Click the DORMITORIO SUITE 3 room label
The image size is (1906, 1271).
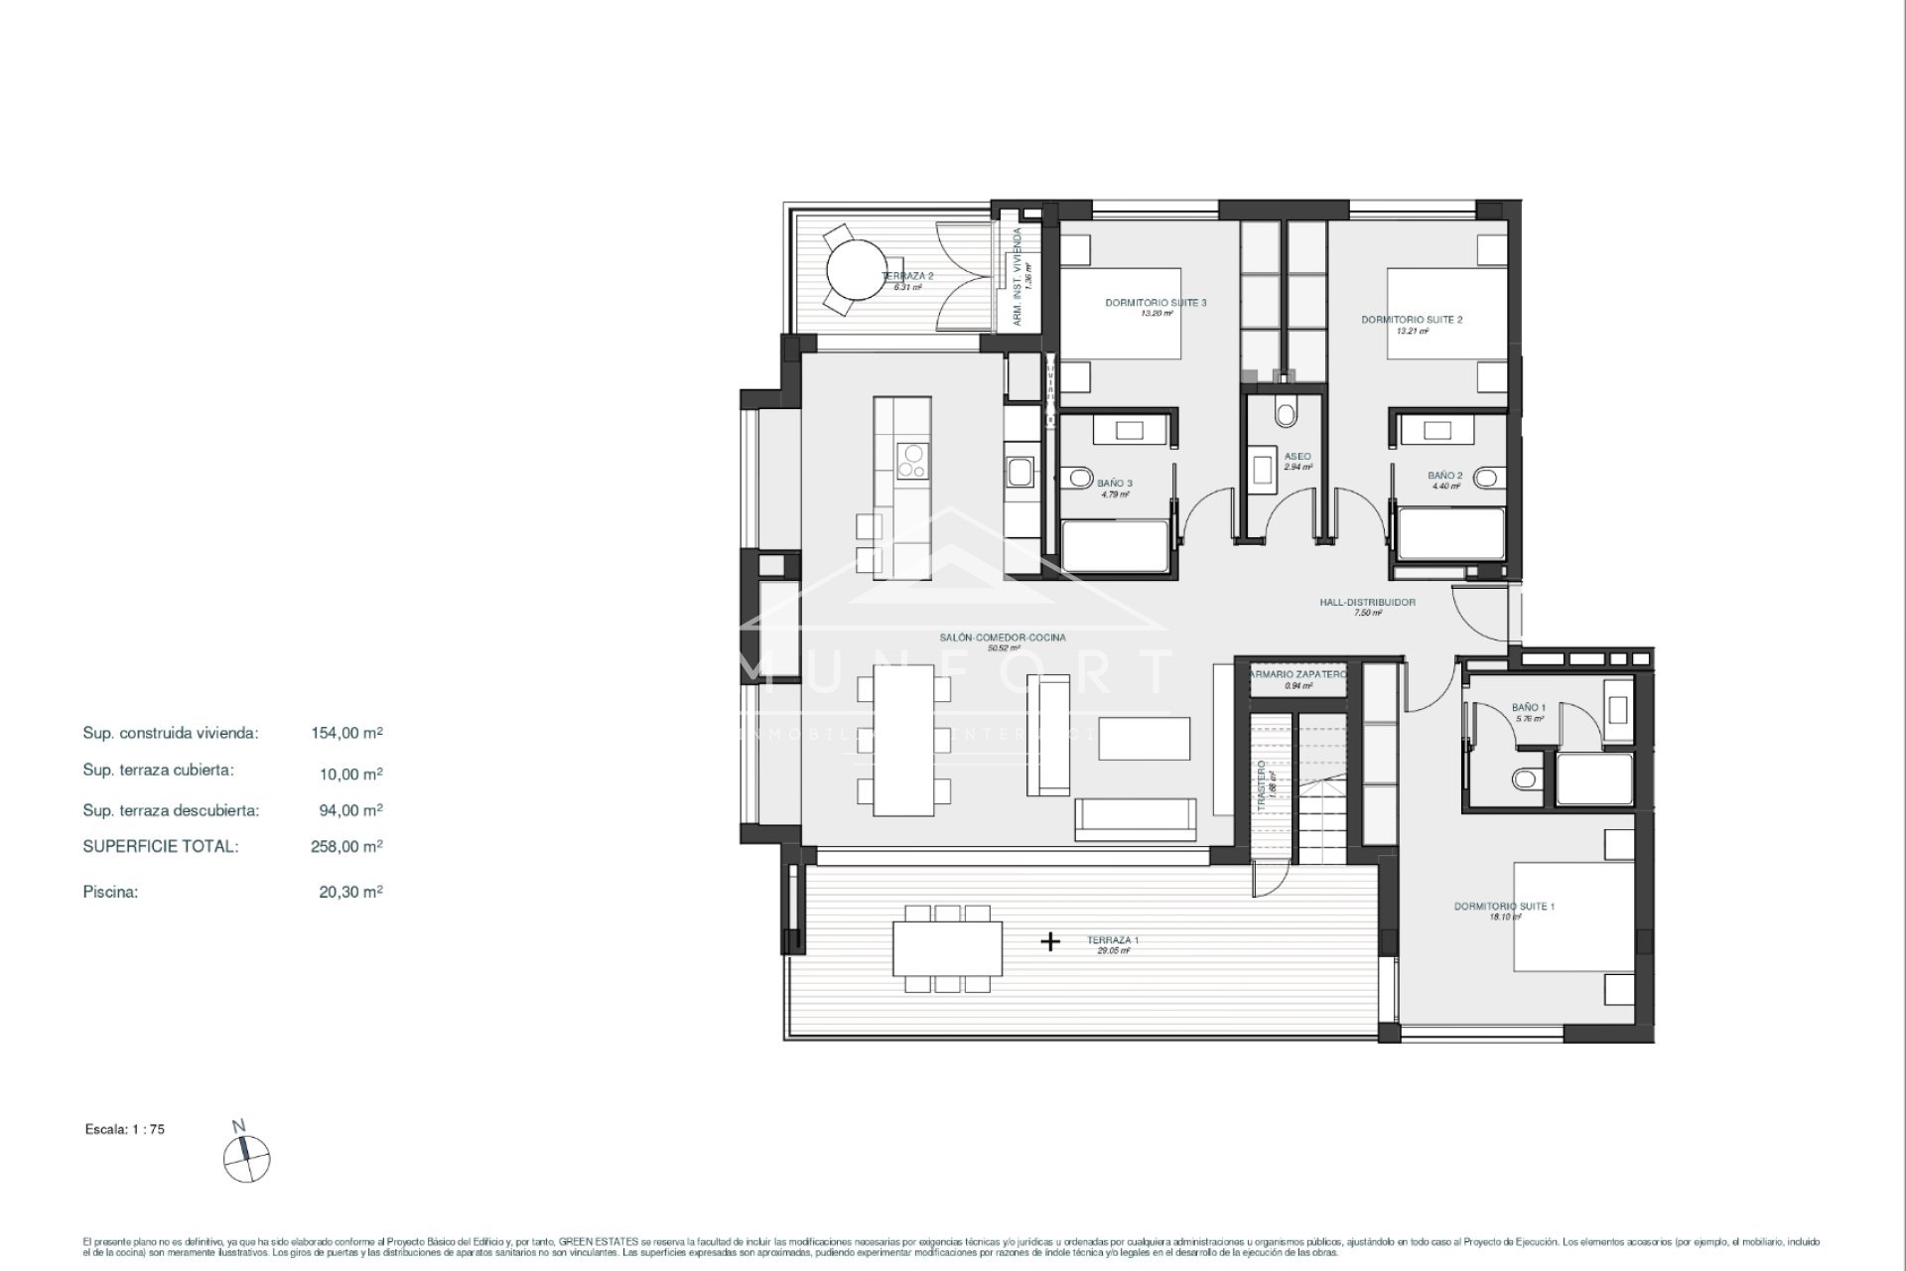pos(1156,303)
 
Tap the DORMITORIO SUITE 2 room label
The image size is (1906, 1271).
pos(1411,320)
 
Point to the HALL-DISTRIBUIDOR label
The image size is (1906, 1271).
pos(1367,602)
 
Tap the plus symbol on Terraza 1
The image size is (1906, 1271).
pos(1050,941)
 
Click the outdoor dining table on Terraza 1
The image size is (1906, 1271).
pos(947,949)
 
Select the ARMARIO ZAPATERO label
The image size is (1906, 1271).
pos(1297,674)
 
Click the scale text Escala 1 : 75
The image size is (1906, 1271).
pos(125,1129)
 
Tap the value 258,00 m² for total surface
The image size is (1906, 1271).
pos(346,847)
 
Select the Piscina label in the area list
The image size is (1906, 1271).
pos(110,892)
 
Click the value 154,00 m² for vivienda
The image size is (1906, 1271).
pos(346,733)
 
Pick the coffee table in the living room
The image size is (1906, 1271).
pos(1144,739)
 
